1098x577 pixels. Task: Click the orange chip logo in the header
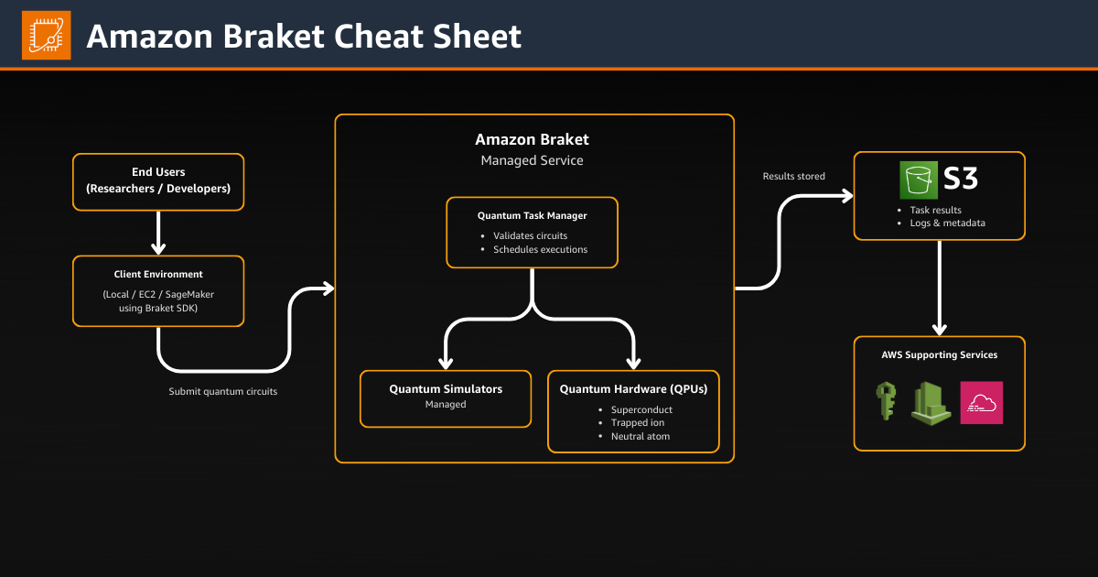[x=47, y=36]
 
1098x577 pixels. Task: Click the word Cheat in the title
[x=377, y=37]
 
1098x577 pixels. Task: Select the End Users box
[x=158, y=181]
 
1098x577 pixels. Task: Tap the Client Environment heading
[x=158, y=274]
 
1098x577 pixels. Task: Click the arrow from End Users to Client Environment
[x=158, y=234]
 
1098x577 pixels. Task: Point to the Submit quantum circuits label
[x=223, y=391]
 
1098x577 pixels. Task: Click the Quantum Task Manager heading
[x=532, y=216]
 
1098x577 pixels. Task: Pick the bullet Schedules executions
[x=540, y=249]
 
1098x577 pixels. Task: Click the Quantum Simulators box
[x=446, y=397]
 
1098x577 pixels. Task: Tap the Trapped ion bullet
[x=638, y=423]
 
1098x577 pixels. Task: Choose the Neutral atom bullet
[x=640, y=436]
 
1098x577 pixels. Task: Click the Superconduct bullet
[x=641, y=409]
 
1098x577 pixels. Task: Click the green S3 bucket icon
[x=919, y=179]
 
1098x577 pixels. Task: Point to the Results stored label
[x=793, y=176]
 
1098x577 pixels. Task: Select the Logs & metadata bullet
[x=947, y=223]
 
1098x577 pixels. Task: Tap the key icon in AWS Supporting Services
[x=885, y=402]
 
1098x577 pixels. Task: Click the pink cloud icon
[x=981, y=402]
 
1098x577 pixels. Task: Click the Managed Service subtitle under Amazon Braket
[x=532, y=160]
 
